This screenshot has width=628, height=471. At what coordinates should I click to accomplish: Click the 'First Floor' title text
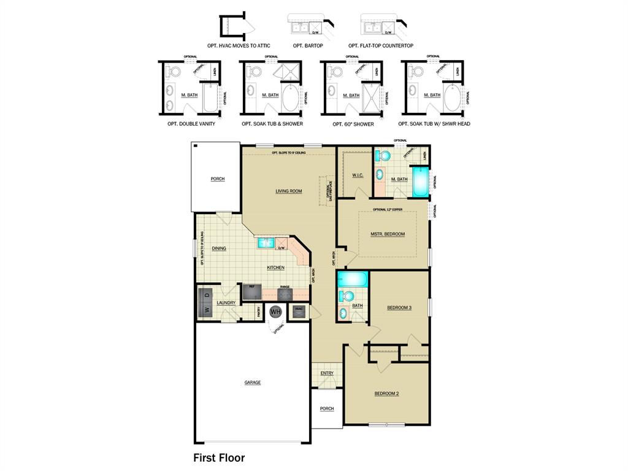click(219, 458)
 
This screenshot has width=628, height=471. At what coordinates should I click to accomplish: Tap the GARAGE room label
click(253, 383)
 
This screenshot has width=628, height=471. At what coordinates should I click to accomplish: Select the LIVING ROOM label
click(288, 191)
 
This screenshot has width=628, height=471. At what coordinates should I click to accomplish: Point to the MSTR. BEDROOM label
click(388, 234)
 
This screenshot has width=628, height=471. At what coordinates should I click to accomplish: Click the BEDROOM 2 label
click(386, 393)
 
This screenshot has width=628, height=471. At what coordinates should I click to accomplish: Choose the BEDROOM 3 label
click(399, 307)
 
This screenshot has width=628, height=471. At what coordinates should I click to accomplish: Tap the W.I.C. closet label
click(358, 175)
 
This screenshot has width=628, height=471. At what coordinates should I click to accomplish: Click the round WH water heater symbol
click(276, 312)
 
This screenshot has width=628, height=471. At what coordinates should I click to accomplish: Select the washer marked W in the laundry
click(206, 310)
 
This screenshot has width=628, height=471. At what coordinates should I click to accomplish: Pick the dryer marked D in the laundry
click(206, 295)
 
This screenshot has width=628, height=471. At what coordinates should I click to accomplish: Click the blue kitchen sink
click(265, 243)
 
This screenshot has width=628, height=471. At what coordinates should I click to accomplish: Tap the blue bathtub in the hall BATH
click(352, 280)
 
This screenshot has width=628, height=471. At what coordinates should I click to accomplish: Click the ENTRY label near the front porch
click(327, 373)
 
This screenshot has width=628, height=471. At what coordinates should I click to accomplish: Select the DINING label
click(219, 248)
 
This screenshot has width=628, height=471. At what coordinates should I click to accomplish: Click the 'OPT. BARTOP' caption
click(308, 46)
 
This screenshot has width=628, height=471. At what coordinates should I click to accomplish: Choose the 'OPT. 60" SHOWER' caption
click(353, 124)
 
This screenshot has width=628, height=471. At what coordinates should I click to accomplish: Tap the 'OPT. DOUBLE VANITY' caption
click(191, 124)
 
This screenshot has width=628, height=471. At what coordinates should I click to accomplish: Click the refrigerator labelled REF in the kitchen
click(251, 291)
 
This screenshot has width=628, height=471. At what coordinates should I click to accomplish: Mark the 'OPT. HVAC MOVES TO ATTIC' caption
click(239, 46)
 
